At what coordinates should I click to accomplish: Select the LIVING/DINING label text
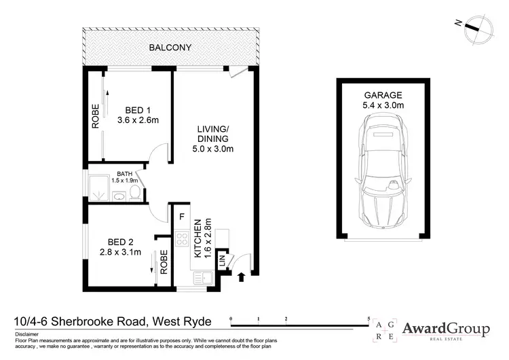[213, 134]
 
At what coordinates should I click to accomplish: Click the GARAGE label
[383, 95]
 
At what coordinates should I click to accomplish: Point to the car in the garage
[383, 169]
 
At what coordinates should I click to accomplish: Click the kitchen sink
[203, 277]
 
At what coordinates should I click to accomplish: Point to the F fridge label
[182, 217]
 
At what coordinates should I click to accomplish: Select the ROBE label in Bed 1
[95, 115]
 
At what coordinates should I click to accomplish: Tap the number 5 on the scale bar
[369, 318]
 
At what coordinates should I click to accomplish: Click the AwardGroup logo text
[446, 329]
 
